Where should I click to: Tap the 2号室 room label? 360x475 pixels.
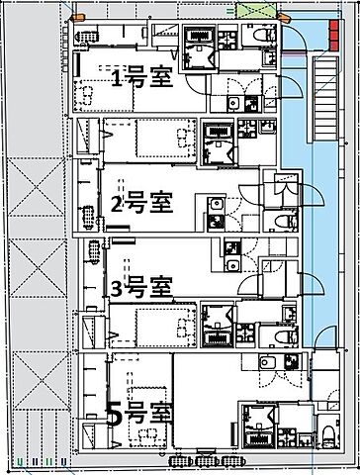pyautogui.click(x=141, y=204)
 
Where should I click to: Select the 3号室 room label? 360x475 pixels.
pyautogui.click(x=141, y=288)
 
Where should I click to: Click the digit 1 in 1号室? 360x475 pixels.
pyautogui.click(x=117, y=78)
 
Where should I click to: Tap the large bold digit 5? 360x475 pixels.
pyautogui.click(x=115, y=414)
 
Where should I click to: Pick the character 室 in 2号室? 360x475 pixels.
pyautogui.click(x=161, y=204)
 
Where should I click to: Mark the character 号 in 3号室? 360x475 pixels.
pyautogui.click(x=138, y=288)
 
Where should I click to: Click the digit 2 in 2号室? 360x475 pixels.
pyautogui.click(x=117, y=205)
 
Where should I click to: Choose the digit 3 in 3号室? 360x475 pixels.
pyautogui.click(x=117, y=289)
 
